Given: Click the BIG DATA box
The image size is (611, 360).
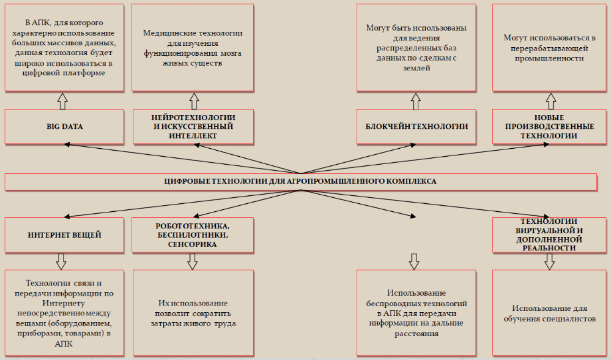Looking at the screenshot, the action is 64,127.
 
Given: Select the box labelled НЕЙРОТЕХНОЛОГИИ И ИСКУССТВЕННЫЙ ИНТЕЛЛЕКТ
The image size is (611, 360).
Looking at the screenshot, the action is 193,127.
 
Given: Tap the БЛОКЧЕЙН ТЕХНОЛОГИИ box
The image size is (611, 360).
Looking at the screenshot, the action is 416,127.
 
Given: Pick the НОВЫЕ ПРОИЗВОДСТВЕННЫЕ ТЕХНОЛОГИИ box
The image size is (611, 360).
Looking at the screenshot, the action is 549,127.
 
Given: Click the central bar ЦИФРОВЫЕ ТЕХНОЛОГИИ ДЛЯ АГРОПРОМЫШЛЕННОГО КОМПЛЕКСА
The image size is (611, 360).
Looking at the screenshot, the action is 300,182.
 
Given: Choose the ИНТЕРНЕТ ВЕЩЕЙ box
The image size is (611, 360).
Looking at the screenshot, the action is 64,235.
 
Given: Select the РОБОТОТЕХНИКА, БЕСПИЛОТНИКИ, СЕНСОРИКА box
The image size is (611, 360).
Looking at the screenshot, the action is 193,235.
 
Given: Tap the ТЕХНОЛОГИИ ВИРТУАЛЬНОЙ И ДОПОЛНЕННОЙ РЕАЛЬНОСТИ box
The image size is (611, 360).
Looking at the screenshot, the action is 549,235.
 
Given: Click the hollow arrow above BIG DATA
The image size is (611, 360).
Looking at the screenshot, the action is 62,101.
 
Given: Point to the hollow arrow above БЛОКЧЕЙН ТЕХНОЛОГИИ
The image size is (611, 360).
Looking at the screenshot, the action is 416,101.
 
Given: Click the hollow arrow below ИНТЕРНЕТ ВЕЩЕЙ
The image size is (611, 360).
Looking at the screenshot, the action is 61,262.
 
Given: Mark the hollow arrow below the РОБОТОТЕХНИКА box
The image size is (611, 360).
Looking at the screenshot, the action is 193,262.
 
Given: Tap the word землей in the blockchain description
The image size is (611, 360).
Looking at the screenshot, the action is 416,68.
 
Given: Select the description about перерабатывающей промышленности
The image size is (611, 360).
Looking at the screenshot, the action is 549,48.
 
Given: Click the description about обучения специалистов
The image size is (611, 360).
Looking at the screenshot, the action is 549,313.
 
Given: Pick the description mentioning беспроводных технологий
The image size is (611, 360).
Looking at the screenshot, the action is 416,313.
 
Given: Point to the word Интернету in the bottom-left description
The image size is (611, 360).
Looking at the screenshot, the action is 64,303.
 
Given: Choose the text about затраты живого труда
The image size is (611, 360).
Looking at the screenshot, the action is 193,313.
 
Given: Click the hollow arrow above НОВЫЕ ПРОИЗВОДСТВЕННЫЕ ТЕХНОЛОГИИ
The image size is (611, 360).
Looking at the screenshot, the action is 551,101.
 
